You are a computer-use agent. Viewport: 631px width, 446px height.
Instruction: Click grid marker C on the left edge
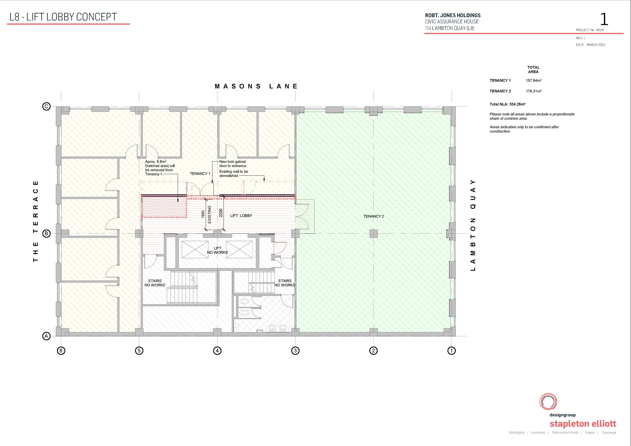[46, 106]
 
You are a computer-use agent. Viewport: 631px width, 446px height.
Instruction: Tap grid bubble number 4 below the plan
[217, 351]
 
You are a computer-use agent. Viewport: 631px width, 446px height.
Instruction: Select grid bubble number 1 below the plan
[452, 351]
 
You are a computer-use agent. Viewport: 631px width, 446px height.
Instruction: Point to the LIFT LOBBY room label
[241, 216]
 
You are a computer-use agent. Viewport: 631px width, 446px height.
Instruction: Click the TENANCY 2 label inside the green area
[373, 216]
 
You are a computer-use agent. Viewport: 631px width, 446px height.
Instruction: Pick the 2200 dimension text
[221, 213]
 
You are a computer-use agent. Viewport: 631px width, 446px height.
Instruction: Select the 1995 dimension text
[203, 214]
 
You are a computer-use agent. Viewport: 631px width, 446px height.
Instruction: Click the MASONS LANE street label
[256, 86]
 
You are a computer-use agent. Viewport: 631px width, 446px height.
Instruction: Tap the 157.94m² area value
[534, 81]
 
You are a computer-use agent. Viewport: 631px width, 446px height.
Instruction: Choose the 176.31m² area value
[534, 91]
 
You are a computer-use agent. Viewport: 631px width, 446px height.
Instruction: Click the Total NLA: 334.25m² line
[508, 104]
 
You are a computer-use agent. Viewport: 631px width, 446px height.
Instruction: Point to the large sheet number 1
[604, 19]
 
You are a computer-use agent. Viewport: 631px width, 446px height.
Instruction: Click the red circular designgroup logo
[548, 401]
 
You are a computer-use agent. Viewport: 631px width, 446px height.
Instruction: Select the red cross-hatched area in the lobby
[164, 207]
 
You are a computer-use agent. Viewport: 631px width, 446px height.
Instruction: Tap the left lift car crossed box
[195, 250]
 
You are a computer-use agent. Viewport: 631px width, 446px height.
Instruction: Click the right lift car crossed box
[239, 250]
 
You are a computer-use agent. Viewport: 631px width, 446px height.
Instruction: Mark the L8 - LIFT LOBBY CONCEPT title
[63, 17]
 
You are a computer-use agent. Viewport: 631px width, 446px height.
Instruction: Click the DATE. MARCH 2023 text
[591, 45]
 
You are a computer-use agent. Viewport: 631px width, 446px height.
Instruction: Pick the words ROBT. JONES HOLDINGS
[453, 15]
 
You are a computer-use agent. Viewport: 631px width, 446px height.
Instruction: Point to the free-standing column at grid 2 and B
[373, 234]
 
